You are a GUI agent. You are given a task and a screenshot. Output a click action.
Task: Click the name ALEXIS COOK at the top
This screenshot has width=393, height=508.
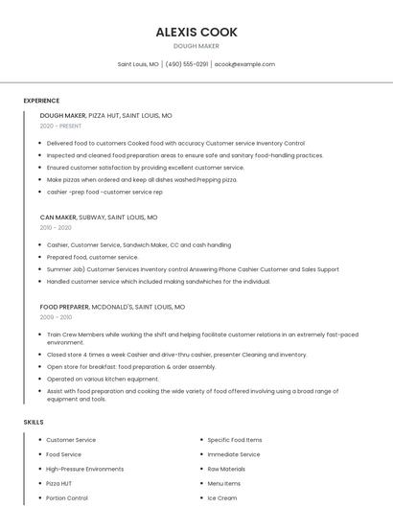[196, 32]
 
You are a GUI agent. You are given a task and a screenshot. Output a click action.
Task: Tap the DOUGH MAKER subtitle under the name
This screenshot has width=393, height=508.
[196, 46]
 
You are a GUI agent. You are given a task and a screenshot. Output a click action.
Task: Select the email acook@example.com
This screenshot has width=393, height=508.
[244, 64]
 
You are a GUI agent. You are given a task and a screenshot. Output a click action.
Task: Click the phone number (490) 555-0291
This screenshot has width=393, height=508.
[186, 64]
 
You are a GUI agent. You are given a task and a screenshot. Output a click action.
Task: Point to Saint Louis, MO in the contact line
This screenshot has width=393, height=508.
[138, 64]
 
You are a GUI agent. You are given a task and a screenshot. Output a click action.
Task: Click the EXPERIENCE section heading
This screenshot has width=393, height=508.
[41, 101]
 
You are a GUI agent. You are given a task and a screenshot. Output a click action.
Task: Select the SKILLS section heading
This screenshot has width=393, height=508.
[34, 422]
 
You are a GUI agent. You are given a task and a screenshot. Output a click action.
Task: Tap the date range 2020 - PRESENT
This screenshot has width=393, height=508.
[60, 126]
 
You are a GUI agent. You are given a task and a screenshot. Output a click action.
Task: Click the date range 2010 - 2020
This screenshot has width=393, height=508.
[56, 228]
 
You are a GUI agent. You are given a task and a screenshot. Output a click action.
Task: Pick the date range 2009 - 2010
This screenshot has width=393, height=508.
[56, 317]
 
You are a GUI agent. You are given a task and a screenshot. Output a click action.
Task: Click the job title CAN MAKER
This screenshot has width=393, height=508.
[59, 218]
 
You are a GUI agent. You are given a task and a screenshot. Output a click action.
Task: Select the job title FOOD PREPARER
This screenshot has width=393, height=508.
[64, 307]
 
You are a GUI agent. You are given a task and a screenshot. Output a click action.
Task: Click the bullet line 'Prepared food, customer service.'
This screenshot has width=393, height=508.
[92, 257]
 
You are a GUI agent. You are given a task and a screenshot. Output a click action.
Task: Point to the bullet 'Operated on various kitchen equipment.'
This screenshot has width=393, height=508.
[104, 379]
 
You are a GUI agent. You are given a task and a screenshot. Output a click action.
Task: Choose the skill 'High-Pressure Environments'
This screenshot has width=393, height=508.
[84, 469]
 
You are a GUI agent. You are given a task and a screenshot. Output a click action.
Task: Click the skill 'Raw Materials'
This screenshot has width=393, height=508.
[226, 469]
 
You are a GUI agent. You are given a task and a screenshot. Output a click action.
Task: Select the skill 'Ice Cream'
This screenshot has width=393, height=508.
[221, 497]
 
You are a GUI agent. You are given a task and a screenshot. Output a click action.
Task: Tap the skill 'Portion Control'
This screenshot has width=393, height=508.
[67, 497]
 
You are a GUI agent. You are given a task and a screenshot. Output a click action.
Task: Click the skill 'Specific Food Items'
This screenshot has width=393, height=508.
[234, 440]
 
